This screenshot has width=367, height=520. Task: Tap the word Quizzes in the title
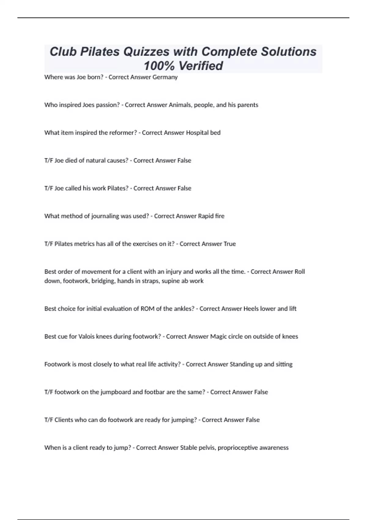pyautogui.click(x=146, y=51)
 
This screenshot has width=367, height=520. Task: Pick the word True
pyautogui.click(x=230, y=244)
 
